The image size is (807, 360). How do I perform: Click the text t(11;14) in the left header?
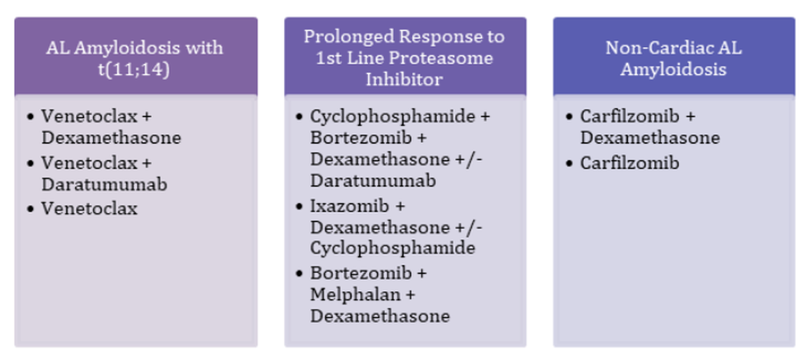[135, 69]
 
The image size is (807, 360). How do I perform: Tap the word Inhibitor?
[403, 79]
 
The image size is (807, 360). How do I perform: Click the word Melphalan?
[345, 295]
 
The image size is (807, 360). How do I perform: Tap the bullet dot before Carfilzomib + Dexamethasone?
[569, 117]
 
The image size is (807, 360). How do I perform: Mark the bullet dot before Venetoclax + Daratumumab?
[30, 163]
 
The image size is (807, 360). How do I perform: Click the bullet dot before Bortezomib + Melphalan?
[299, 274]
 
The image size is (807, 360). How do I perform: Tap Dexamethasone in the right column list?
[649, 138]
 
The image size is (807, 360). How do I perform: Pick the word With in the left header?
[207, 48]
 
